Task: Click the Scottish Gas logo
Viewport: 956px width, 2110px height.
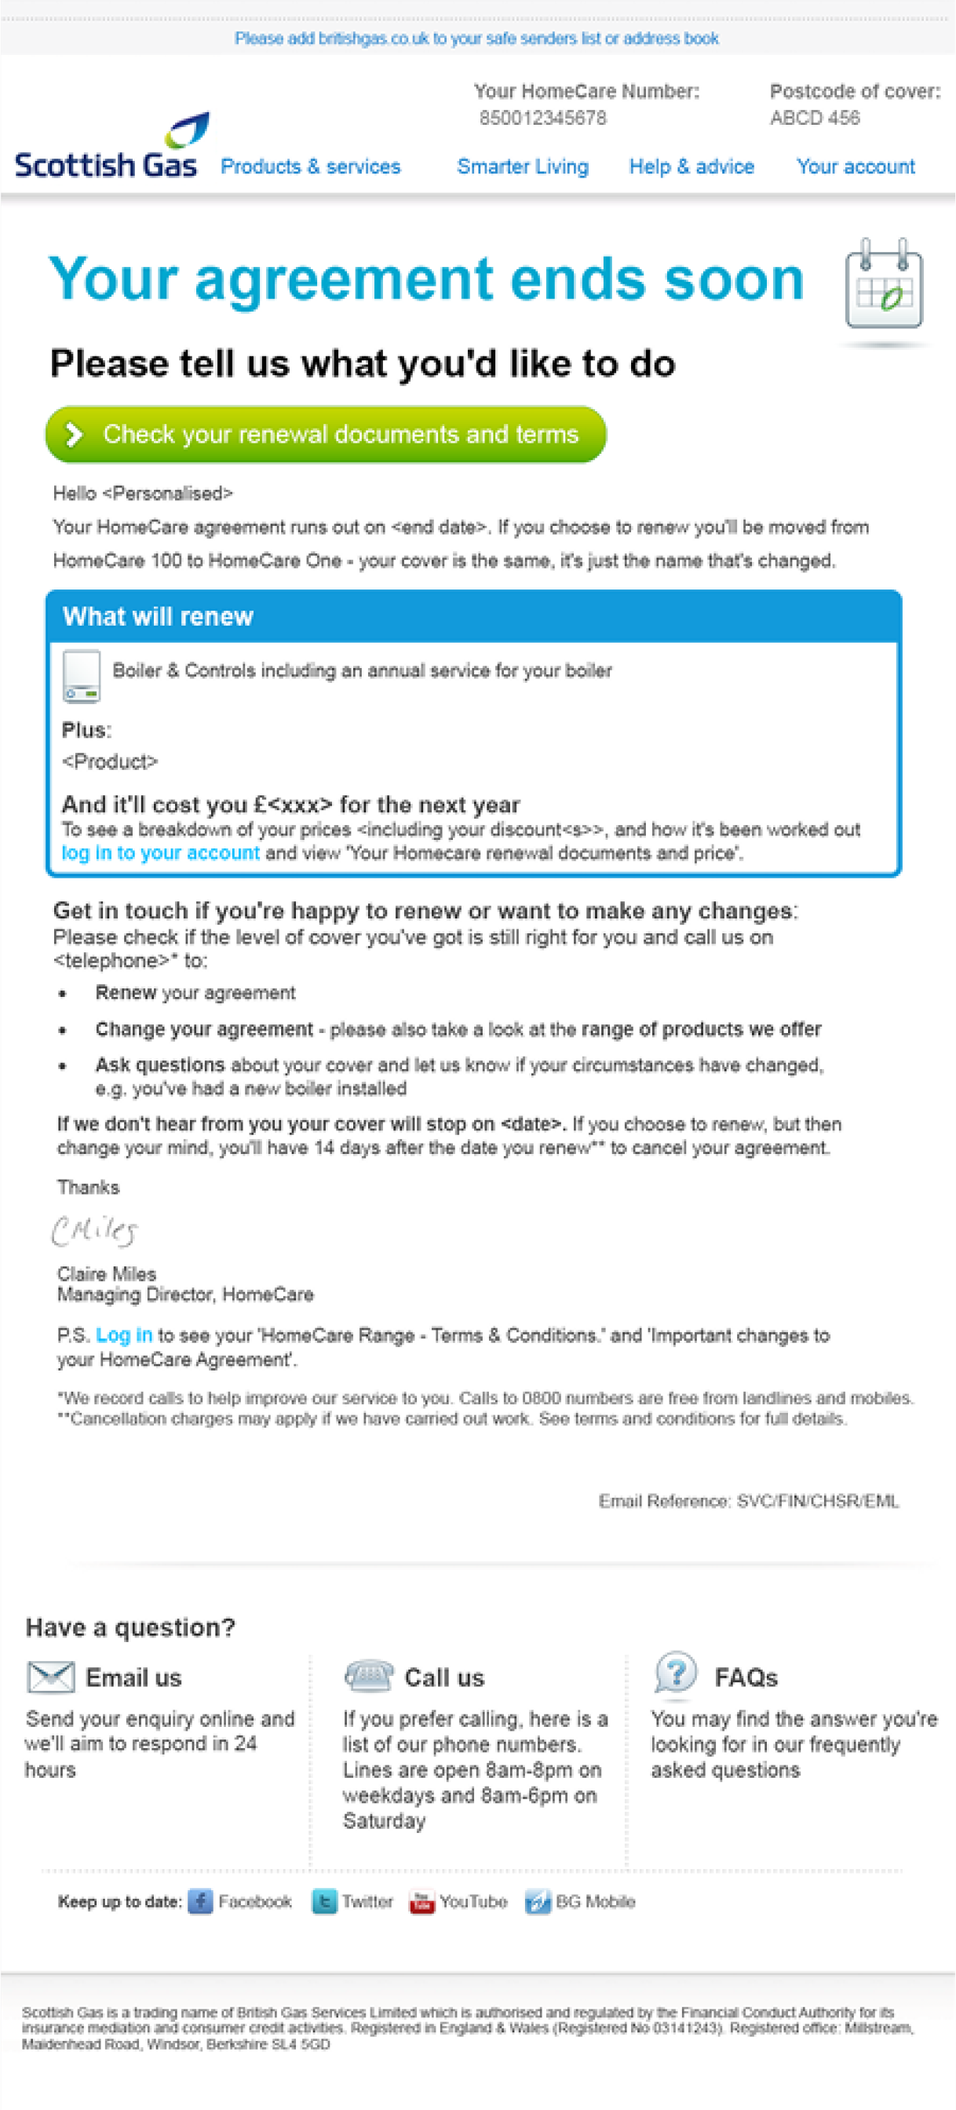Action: point(107,148)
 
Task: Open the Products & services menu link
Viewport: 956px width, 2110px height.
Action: point(311,167)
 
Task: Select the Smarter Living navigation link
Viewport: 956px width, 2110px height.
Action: point(523,167)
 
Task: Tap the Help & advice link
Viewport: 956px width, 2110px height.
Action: point(691,167)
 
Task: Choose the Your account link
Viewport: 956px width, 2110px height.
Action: point(856,167)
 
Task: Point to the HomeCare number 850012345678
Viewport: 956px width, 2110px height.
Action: point(543,119)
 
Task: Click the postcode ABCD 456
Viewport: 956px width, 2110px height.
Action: point(814,119)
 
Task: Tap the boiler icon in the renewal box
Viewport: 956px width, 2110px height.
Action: point(81,676)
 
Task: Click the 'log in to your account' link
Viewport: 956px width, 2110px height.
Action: point(161,853)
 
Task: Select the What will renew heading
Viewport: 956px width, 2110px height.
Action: point(158,617)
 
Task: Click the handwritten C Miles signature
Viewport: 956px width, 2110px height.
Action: point(94,1230)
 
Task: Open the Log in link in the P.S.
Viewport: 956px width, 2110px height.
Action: point(124,1335)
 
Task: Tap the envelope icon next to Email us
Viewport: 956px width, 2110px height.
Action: point(51,1677)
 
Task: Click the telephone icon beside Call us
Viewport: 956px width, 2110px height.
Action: point(369,1675)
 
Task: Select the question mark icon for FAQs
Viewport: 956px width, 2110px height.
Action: point(676,1672)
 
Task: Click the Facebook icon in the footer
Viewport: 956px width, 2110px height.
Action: point(200,1901)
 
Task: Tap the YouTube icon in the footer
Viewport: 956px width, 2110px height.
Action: point(421,1901)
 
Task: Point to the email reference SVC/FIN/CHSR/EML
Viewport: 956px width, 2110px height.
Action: point(817,1502)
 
